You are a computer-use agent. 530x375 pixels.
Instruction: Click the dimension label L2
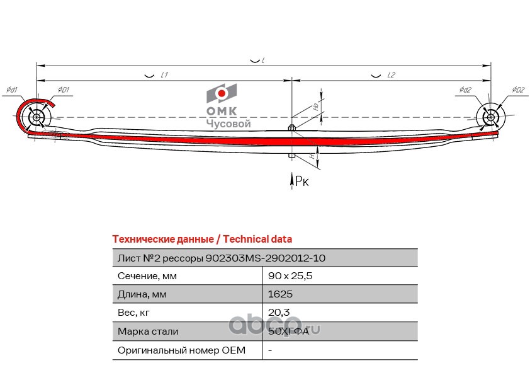391,75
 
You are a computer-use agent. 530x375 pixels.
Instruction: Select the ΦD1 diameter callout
63,90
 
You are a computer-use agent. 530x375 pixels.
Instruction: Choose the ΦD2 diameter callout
518,90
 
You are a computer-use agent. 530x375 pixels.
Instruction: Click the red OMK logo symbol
222,95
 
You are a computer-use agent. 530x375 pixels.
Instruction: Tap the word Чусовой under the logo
228,124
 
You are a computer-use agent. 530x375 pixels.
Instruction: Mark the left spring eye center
35,117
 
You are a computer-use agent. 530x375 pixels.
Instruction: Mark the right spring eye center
490,117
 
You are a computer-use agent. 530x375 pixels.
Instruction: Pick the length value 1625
280,294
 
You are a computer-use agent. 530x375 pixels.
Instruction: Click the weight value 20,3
278,313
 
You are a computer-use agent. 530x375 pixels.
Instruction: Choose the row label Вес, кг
135,313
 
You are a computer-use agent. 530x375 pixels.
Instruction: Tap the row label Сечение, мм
147,276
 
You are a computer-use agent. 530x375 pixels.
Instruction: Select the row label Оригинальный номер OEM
181,350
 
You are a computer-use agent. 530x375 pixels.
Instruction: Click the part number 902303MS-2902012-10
266,258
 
